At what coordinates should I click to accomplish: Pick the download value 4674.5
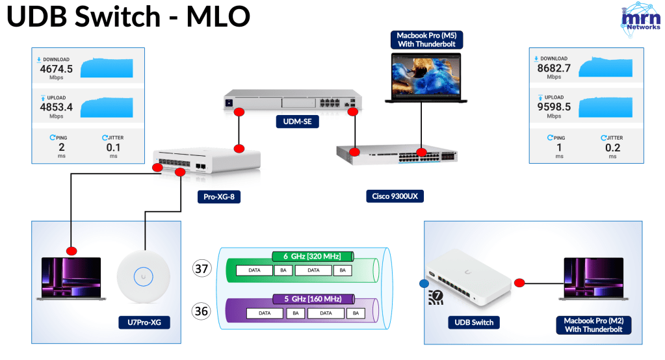56,68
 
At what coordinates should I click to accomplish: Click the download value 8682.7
554,68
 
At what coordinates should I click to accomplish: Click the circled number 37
202,268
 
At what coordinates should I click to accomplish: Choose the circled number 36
202,311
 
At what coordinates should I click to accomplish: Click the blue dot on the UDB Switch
424,283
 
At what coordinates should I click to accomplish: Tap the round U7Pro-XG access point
144,276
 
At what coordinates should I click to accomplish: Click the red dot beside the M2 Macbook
519,283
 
